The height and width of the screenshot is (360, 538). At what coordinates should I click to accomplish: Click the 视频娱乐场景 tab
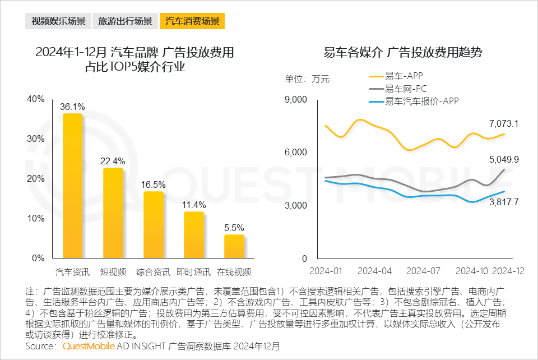[x=58, y=22]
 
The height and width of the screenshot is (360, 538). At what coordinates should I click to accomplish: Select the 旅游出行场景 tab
[x=124, y=22]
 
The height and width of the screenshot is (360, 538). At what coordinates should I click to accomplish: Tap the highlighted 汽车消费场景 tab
[x=192, y=22]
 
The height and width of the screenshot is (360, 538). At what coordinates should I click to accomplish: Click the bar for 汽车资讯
[x=73, y=186]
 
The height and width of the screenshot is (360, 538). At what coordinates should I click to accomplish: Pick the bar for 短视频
[x=113, y=213]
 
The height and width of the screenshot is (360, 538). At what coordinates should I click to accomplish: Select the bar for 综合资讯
[x=154, y=225]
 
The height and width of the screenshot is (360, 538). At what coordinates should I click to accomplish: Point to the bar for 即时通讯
[x=194, y=235]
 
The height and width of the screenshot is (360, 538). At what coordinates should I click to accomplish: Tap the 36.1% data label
[x=73, y=107]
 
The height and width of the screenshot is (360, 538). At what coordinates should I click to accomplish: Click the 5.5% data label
[x=234, y=228]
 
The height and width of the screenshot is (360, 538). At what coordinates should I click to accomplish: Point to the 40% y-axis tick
[x=36, y=99]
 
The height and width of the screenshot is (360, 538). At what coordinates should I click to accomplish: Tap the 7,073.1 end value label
[x=504, y=123]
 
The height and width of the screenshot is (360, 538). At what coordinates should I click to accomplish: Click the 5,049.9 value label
[x=504, y=159]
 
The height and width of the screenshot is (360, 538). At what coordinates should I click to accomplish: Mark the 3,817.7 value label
[x=504, y=202]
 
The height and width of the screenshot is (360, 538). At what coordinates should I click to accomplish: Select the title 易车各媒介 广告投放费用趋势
[x=403, y=53]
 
